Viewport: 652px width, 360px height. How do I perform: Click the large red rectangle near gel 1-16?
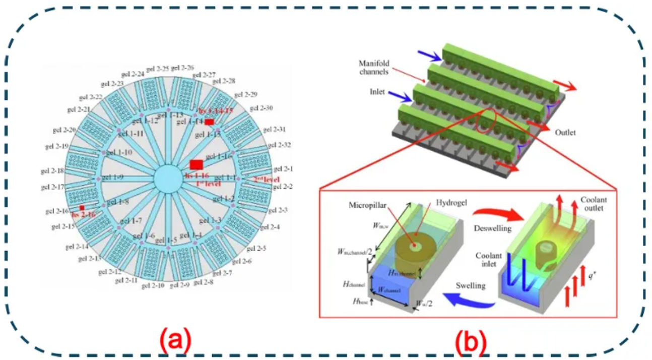pyautogui.click(x=196, y=164)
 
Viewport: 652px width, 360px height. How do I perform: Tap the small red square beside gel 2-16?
pyautogui.click(x=82, y=208)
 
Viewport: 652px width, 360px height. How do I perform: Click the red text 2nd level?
pyautogui.click(x=266, y=180)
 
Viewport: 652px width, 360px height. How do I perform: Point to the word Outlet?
pyautogui.click(x=564, y=133)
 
